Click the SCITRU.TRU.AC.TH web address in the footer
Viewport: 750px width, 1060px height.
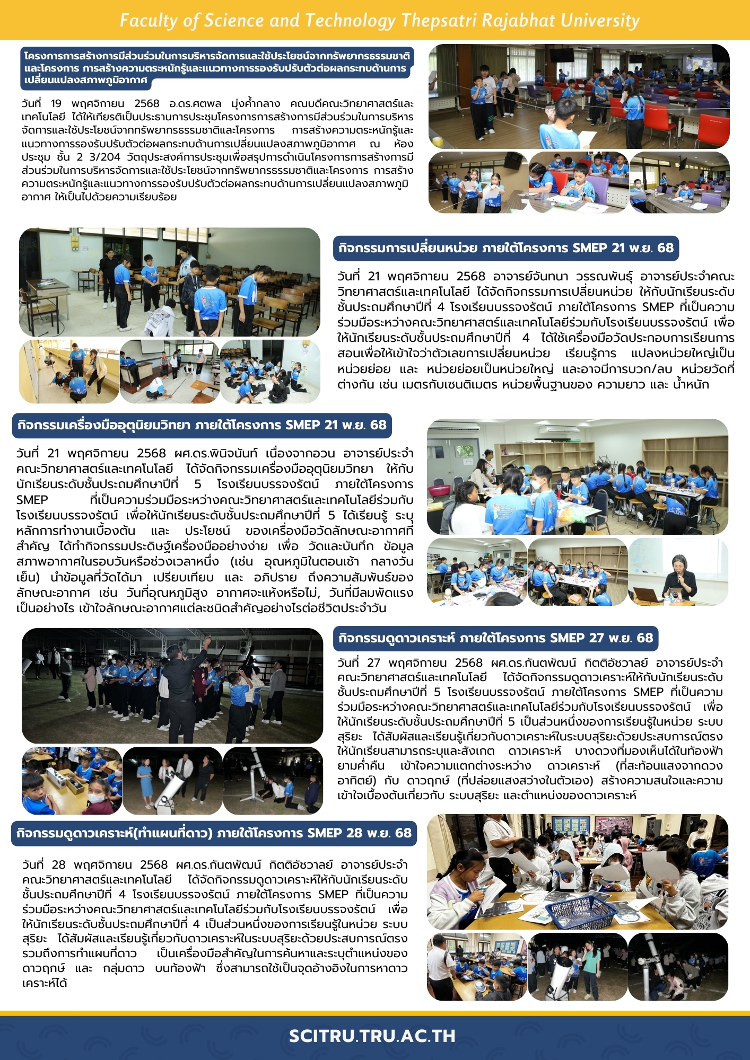tap(372, 1036)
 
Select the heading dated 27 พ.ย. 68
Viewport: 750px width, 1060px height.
tap(495, 638)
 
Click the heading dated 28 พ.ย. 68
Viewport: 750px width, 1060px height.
tap(214, 833)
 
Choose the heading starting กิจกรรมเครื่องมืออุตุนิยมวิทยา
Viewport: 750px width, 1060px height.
tap(202, 425)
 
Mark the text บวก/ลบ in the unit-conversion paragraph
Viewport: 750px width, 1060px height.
tap(653, 369)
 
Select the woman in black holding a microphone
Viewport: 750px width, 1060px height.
tap(679, 577)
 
